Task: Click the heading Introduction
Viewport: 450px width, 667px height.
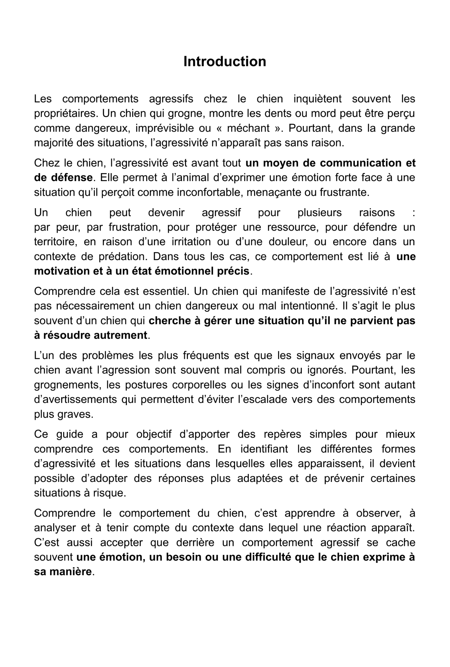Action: click(x=225, y=62)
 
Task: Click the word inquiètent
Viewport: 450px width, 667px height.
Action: click(x=317, y=99)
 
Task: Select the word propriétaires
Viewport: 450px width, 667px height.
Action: click(x=66, y=114)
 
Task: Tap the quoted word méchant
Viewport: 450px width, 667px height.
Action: click(x=248, y=128)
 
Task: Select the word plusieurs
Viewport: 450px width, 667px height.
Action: click(x=319, y=213)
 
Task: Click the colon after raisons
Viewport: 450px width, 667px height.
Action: click(x=414, y=213)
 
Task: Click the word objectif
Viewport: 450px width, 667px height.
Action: click(x=154, y=435)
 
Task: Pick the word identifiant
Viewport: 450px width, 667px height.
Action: click(x=264, y=449)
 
